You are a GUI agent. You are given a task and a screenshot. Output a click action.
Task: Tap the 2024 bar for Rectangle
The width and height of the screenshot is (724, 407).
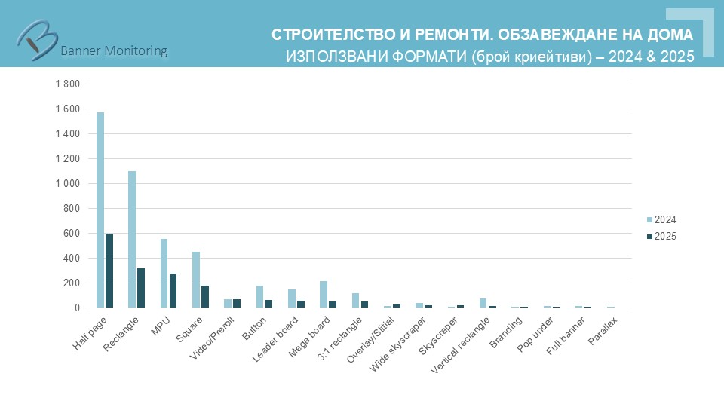[132, 239]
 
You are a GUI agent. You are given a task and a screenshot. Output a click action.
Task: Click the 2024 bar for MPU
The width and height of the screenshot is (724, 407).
[164, 273]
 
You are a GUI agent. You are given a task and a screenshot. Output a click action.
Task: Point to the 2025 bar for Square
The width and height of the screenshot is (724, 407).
[205, 296]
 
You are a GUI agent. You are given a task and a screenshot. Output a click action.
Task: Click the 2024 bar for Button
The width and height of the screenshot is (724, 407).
[259, 296]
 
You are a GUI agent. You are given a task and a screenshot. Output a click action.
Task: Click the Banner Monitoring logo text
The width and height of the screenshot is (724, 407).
[113, 50]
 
